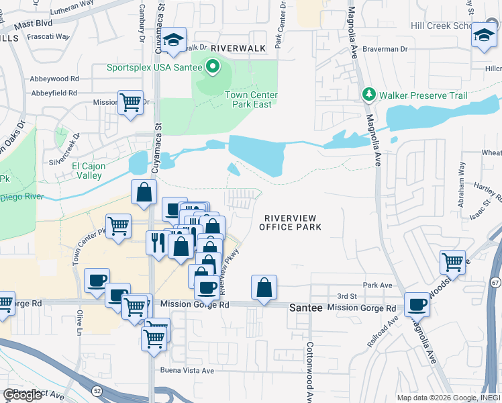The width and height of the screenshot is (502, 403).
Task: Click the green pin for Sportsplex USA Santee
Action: (213, 66)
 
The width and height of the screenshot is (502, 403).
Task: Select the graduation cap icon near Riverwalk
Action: (173, 40)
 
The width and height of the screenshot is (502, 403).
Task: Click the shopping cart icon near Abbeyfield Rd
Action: (130, 103)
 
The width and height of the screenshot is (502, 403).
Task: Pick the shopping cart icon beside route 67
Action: (453, 263)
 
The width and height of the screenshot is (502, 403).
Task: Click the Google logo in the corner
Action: (22, 395)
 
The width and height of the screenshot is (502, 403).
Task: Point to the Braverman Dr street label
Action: (386, 49)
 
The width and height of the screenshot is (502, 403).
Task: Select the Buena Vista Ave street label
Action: (187, 370)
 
